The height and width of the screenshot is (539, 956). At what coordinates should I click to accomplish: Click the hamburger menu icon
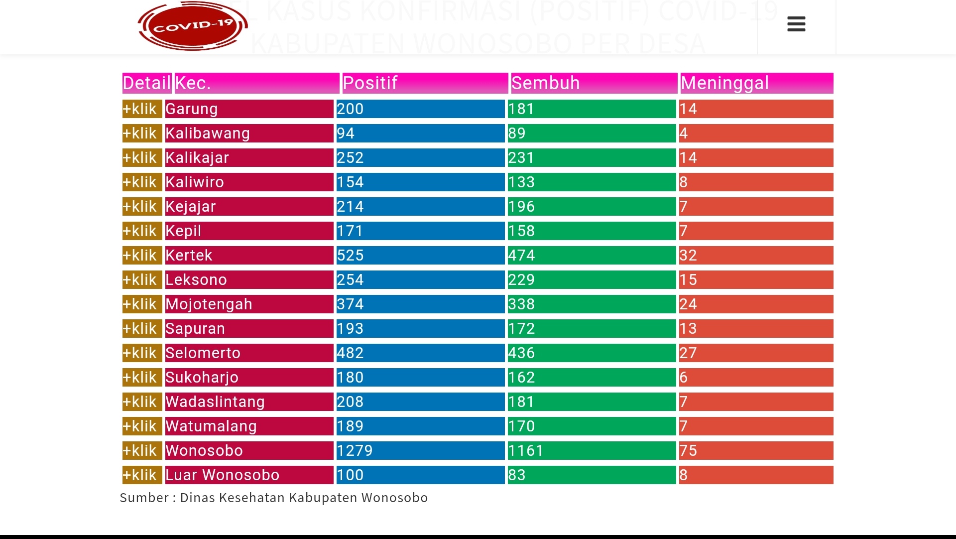(x=796, y=24)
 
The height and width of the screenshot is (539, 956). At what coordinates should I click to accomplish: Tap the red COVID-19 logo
(x=193, y=26)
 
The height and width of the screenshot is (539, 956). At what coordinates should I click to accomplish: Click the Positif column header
(x=370, y=83)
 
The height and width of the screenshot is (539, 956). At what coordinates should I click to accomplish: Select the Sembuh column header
(x=545, y=83)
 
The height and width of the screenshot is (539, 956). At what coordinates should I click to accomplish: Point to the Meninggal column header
(x=724, y=83)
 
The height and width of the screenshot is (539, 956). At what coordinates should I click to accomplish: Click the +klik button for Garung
(x=142, y=109)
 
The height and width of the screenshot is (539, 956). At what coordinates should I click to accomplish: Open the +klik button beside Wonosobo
(x=142, y=451)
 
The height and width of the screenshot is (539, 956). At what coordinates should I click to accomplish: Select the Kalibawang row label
(x=208, y=134)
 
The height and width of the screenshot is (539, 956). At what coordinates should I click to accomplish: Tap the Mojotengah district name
(x=209, y=304)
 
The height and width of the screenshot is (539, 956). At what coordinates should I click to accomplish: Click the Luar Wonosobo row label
(x=222, y=475)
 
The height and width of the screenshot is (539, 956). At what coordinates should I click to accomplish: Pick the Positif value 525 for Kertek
(x=350, y=256)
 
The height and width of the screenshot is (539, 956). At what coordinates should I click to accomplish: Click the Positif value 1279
(x=355, y=451)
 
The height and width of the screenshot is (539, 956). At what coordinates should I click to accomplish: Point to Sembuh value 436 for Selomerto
(x=521, y=353)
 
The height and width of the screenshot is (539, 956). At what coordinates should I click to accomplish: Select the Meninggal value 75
(x=688, y=451)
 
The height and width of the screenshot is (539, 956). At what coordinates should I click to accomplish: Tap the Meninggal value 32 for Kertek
(x=688, y=256)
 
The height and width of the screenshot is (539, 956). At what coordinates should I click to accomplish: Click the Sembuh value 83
(x=517, y=475)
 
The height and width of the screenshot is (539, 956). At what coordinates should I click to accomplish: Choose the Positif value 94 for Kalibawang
(x=346, y=134)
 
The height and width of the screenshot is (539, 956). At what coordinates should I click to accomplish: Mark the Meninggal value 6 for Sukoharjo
(x=684, y=378)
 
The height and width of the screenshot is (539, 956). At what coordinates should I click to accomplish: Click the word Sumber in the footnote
(x=144, y=498)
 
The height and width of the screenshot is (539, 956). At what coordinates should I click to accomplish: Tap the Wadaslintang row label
(x=215, y=402)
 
